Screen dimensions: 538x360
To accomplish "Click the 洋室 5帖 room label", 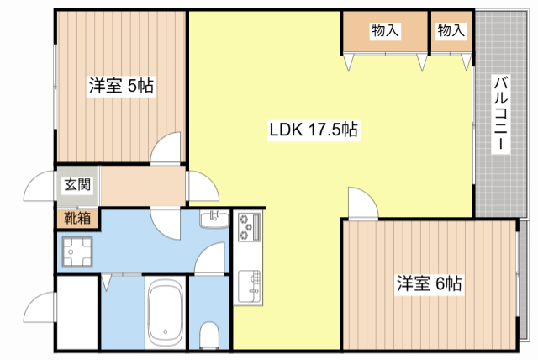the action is pos(121,86).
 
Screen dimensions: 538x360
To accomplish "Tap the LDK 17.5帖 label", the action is pos(314,130).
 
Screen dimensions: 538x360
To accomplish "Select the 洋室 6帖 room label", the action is pos(429,283).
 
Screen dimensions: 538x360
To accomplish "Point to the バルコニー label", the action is pos(501,114).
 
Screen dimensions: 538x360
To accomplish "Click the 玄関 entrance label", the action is pos(77,185).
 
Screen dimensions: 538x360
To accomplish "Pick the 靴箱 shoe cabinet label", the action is pos(77,218).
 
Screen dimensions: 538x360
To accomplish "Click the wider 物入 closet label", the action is pos(385,30).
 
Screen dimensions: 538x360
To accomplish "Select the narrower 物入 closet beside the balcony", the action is pos(451,30).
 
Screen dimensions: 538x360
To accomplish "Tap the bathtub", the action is pos(166,313).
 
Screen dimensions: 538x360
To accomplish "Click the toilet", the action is pos(209,335).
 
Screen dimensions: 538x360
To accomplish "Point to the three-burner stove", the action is pos(250,226).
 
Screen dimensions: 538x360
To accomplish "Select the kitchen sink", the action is pos(250,286).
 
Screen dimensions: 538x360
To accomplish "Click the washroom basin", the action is pos(214,219).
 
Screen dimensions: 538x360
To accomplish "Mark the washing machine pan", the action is pos(77,251).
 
